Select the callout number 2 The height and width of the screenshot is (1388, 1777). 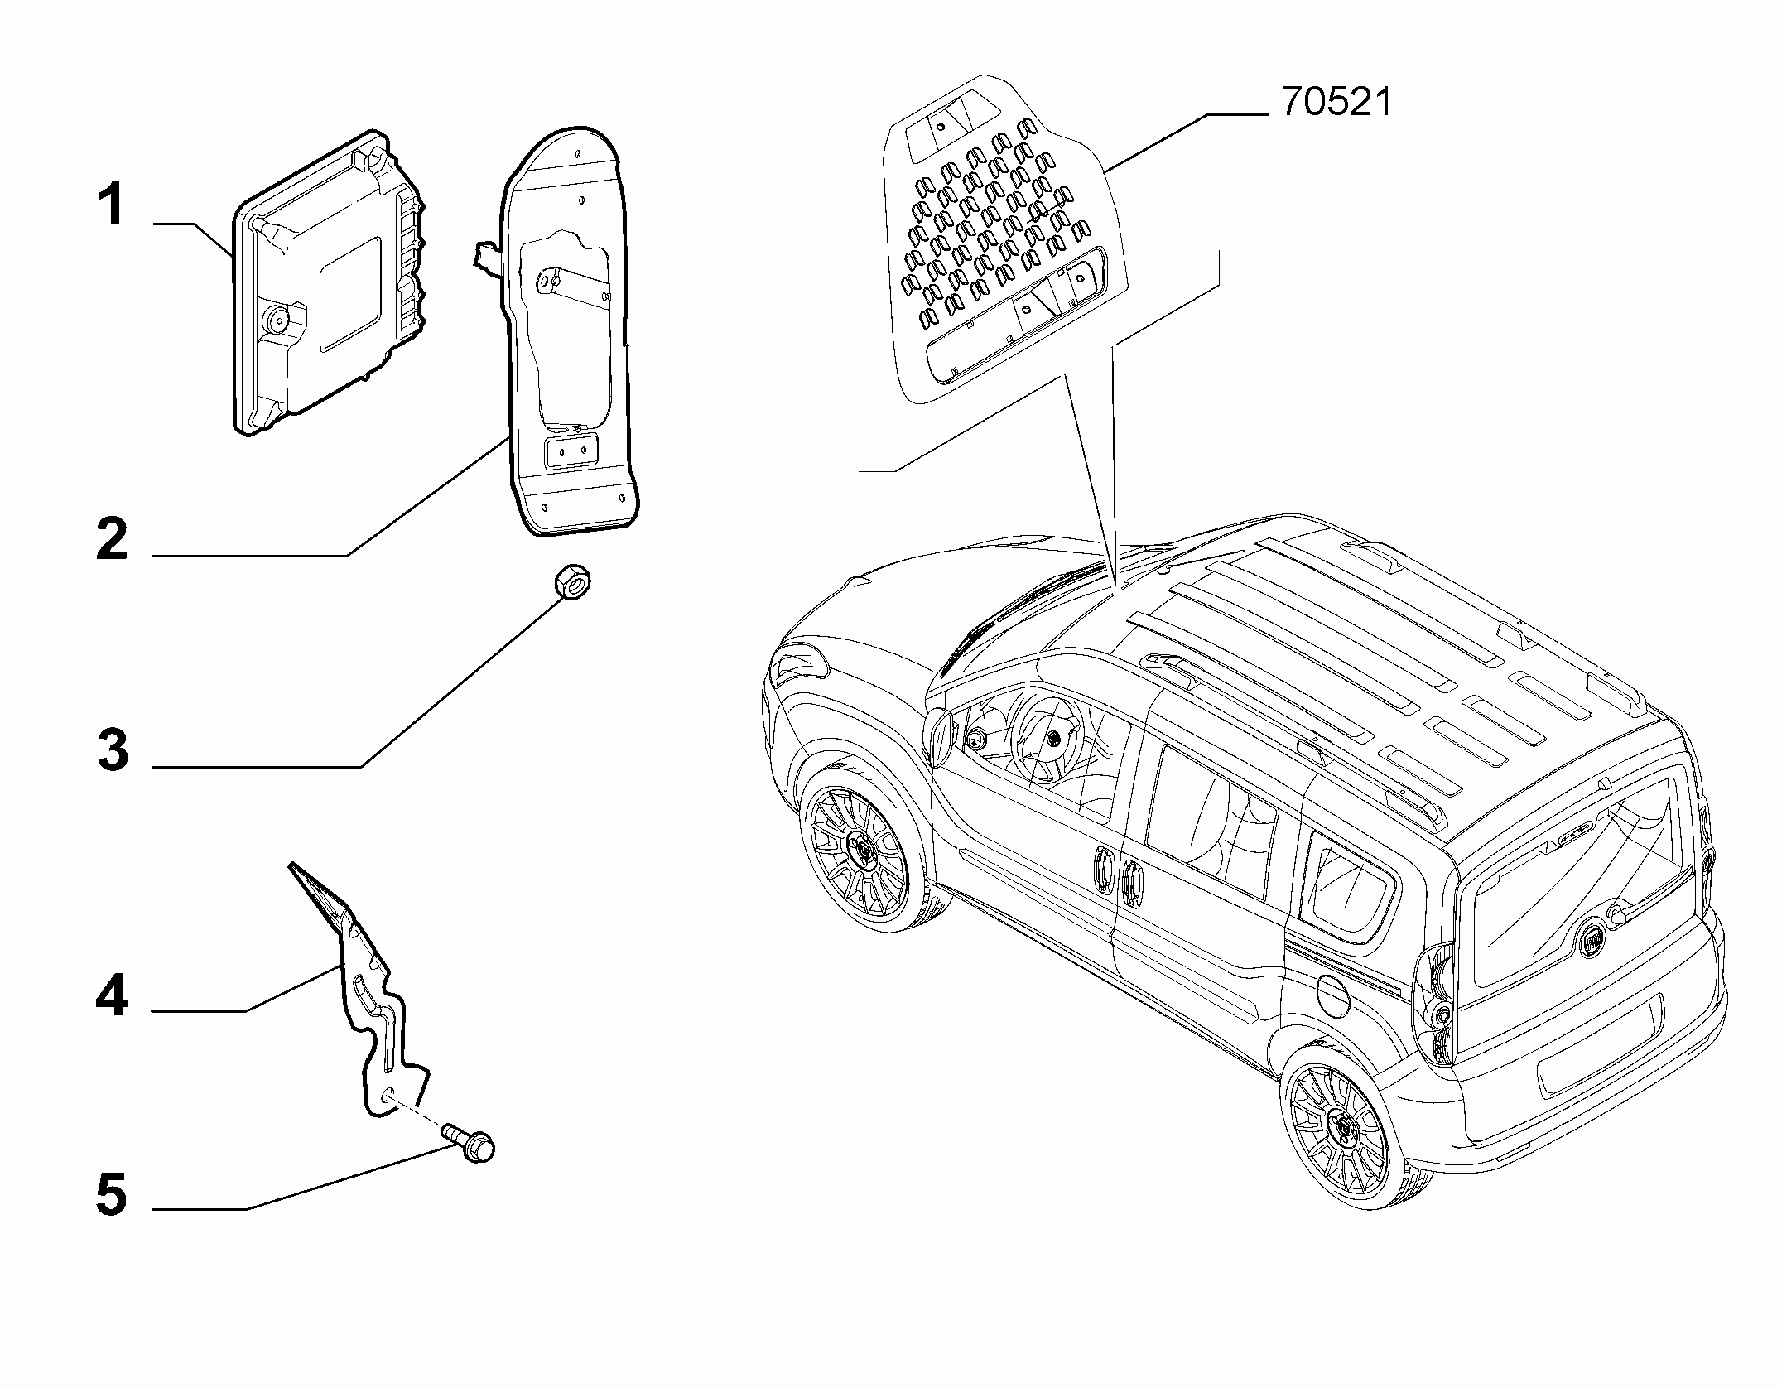point(113,538)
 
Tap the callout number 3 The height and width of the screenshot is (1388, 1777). point(113,750)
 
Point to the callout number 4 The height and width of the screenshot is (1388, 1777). point(112,995)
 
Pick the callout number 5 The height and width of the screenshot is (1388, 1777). point(112,1195)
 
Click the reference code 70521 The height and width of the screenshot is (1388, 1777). point(1336,103)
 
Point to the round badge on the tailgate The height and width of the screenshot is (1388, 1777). point(1590,942)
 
